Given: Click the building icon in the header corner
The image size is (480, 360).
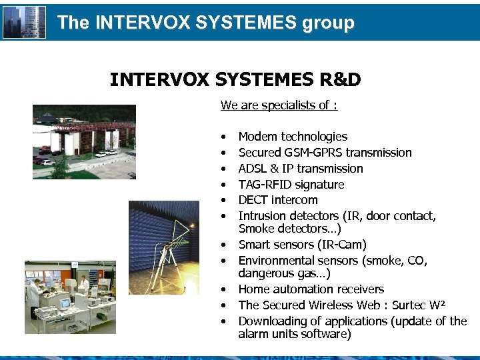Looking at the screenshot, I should [25, 22].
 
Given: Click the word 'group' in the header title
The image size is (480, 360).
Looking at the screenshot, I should [328, 23].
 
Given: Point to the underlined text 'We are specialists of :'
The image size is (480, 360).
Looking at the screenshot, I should [279, 105].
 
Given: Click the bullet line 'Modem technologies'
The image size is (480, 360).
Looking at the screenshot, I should [293, 137].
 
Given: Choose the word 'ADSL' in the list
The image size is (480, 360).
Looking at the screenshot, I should [253, 169].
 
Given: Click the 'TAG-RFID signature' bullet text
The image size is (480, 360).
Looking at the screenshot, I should [291, 185].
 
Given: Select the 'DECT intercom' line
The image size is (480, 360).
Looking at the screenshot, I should [278, 200].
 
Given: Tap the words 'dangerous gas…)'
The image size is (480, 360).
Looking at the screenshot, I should [285, 273].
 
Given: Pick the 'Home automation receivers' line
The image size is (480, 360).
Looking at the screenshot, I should [311, 289].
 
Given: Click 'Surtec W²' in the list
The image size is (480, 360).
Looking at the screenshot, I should [419, 305].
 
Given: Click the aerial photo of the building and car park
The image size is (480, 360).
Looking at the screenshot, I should [84, 141].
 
